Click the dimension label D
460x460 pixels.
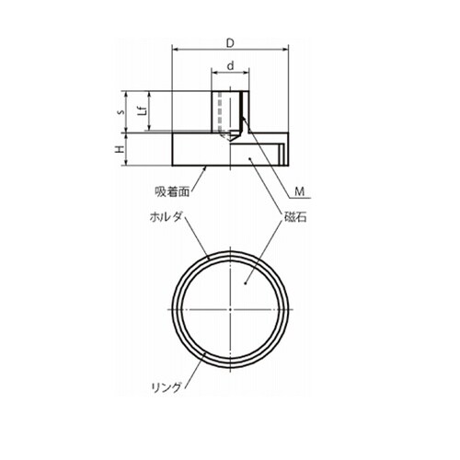pos(230,43)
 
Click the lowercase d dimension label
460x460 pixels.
pos(231,65)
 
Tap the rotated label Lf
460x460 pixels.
pos(143,110)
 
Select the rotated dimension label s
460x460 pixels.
pos(122,112)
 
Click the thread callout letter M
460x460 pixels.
pos(300,191)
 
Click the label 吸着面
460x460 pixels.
pos(172,191)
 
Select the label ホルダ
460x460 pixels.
pos(166,217)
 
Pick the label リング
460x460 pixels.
pos(167,387)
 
